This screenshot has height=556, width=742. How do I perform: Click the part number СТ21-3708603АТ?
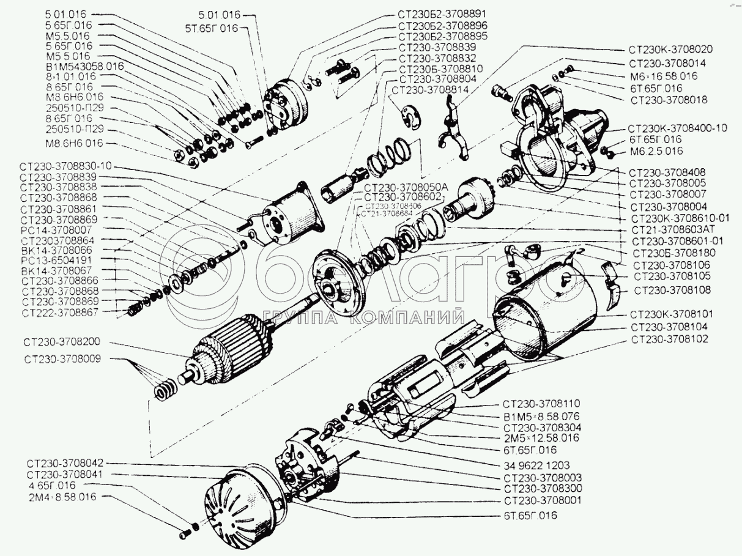point(673,229)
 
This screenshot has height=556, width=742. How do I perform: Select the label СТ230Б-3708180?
point(675,253)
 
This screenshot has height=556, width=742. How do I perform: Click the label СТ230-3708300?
point(543,488)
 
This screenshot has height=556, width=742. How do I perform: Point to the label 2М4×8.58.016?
point(61,497)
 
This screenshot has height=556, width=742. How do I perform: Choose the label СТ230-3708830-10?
point(66,166)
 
